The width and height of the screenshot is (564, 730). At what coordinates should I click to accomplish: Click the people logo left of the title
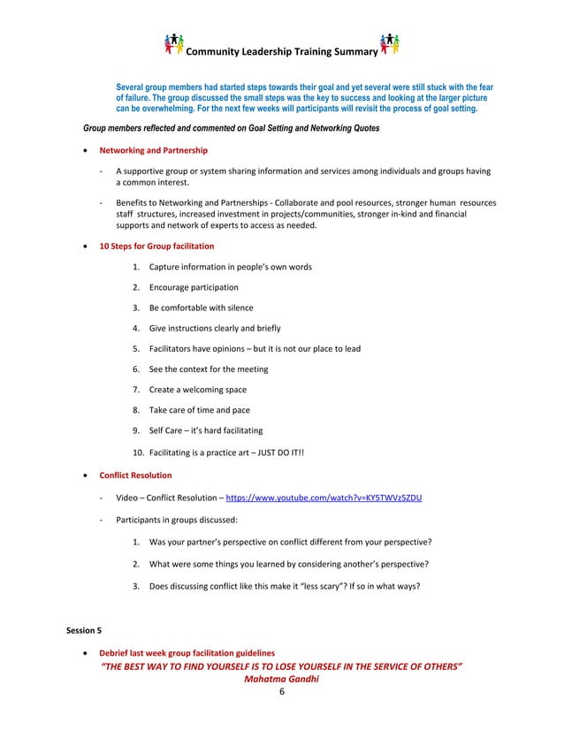pos(175,44)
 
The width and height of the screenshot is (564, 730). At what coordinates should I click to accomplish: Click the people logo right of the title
pos(389,44)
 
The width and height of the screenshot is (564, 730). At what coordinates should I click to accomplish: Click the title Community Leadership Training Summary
pos(281,52)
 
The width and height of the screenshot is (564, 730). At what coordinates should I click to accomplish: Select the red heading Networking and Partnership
pos(154,150)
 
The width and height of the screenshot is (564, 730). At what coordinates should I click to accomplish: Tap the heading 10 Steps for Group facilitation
pos(156,246)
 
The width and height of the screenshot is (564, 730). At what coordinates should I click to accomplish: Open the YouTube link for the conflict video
pos(324,498)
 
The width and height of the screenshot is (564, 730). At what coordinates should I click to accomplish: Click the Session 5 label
pos(85,631)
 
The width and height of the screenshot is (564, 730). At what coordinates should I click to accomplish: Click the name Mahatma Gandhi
pos(280,679)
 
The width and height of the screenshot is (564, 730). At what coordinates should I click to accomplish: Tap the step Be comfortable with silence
pos(201,308)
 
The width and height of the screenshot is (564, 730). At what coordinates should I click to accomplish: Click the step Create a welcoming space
pos(198,390)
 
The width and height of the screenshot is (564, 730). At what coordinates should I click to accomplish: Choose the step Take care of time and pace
pos(200,410)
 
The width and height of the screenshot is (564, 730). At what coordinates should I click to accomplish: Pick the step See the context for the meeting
pos(209,369)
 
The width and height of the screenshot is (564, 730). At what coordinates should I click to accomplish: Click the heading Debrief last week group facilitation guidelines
pos(187,651)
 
